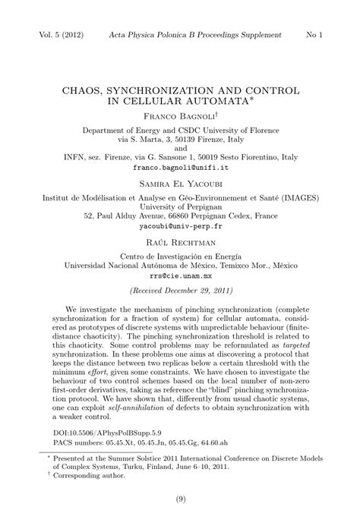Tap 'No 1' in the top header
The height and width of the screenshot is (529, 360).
(x=314, y=35)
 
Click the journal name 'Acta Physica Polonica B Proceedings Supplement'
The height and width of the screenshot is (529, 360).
(x=195, y=35)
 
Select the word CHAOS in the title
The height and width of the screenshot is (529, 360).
(x=84, y=90)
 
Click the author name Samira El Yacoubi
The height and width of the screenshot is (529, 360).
(x=180, y=184)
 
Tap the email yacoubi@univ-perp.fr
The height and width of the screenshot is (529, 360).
(x=180, y=226)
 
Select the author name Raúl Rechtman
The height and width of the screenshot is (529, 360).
(x=180, y=244)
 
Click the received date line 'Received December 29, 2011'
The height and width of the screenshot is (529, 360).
(x=180, y=291)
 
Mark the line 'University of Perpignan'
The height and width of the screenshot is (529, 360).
(x=180, y=205)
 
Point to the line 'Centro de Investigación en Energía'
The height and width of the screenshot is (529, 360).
(x=180, y=257)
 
